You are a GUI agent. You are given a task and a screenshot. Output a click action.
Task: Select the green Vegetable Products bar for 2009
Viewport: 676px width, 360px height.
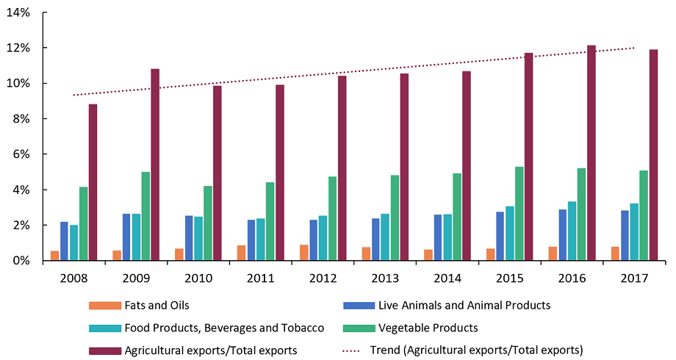coord(145,216)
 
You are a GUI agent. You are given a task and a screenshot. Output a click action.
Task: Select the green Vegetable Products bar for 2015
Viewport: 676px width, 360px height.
coord(519,213)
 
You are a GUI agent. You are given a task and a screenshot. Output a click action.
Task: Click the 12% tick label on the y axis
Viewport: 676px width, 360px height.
coord(22,48)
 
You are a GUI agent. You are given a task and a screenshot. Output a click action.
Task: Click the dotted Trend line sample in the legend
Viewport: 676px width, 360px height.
coord(356,350)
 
